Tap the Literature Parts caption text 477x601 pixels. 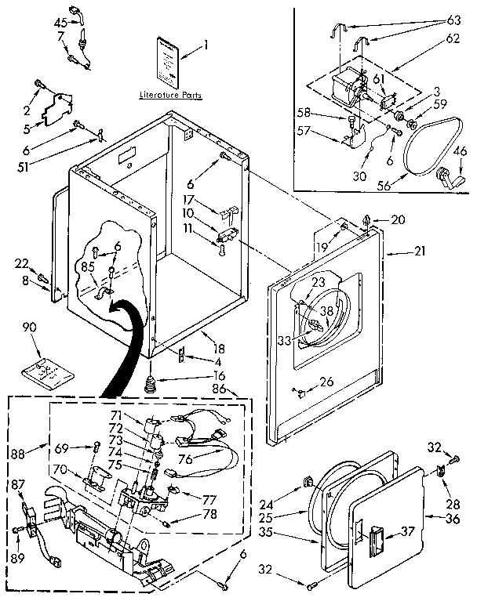(x=170, y=95)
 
